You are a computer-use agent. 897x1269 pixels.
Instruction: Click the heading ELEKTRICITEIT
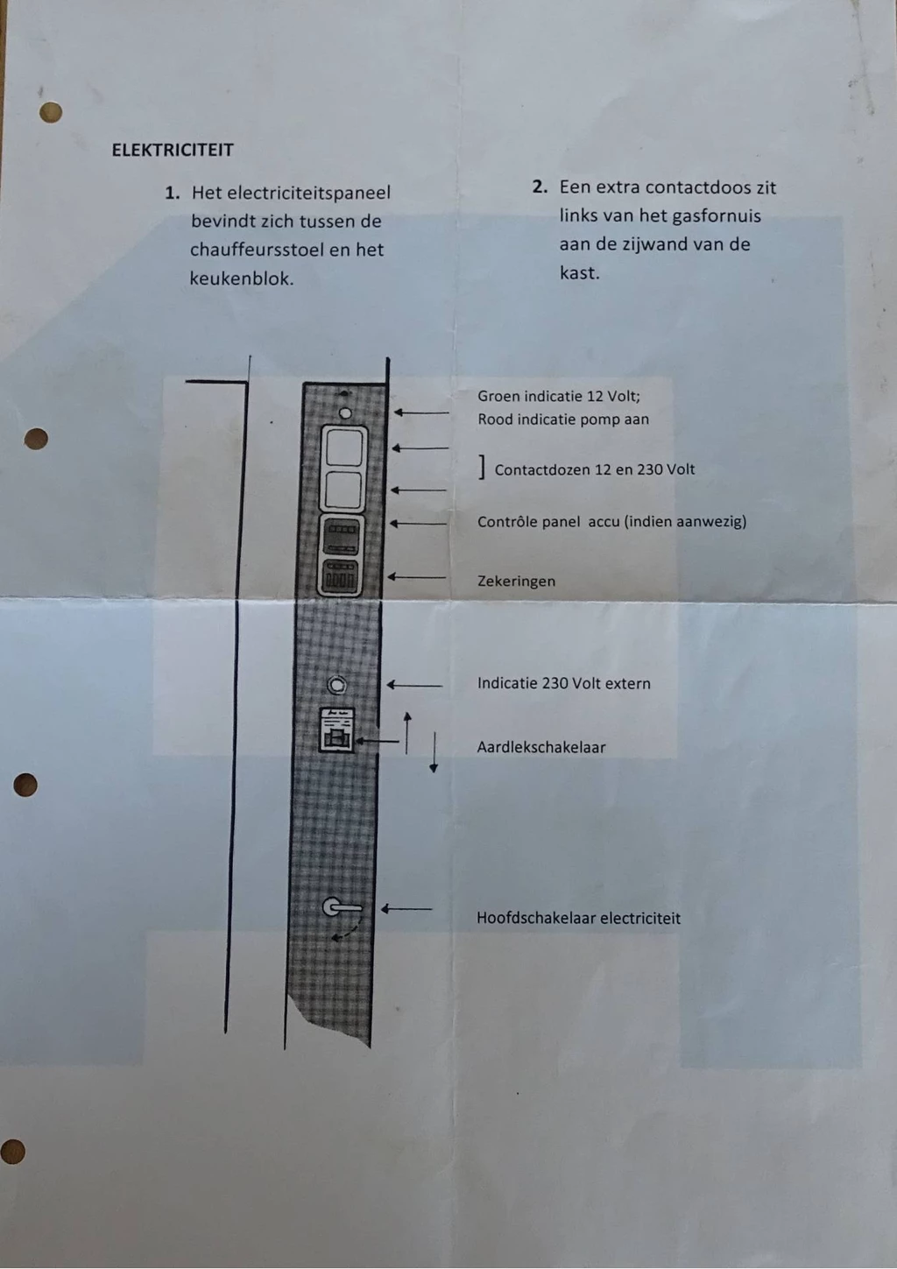[x=173, y=150]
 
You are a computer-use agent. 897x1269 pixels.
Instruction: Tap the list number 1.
[x=173, y=194]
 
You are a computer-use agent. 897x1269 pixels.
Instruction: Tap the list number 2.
[x=540, y=187]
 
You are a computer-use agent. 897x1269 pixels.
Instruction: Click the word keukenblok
[x=242, y=278]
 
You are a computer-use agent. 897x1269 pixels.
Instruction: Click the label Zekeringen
[x=516, y=582]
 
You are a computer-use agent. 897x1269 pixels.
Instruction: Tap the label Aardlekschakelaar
[x=541, y=747]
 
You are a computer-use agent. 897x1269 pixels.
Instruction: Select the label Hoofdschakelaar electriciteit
[x=578, y=918]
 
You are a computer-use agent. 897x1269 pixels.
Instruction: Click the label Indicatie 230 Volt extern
[x=564, y=683]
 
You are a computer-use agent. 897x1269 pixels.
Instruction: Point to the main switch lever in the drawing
[x=342, y=907]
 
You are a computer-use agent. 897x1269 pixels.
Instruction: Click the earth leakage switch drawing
[x=337, y=730]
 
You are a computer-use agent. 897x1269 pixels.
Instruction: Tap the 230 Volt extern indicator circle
[x=337, y=686]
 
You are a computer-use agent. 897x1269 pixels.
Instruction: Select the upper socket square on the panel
[x=344, y=448]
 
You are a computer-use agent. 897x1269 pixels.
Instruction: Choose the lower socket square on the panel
[x=343, y=490]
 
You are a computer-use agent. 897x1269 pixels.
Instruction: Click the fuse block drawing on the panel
[x=341, y=577]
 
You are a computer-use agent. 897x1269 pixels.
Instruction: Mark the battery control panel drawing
[x=341, y=537]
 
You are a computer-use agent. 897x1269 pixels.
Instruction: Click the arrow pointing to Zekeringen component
[x=416, y=577]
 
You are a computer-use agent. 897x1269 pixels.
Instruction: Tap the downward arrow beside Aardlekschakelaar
[x=434, y=752]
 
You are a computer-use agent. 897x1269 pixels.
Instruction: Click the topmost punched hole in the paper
[x=51, y=112]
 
